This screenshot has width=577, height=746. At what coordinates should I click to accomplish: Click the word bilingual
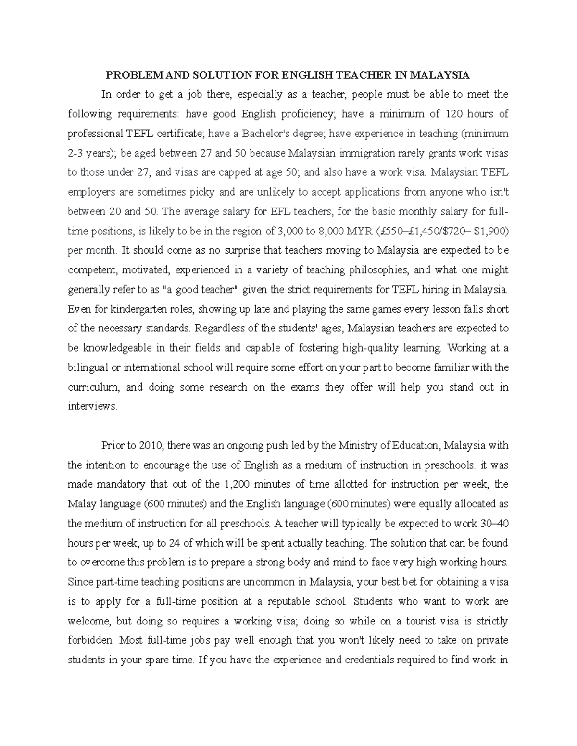click(x=87, y=367)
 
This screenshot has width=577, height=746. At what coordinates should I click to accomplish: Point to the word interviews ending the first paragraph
click(x=92, y=406)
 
